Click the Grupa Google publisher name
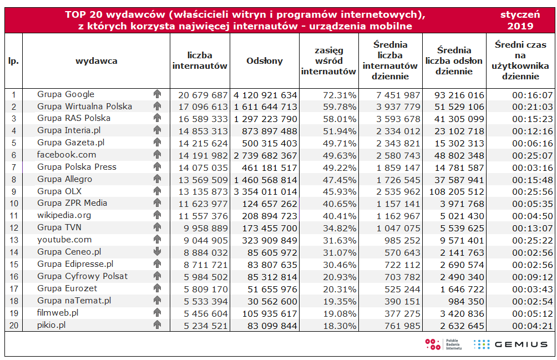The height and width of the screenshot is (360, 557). (x=65, y=94)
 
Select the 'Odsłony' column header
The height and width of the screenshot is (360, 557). (x=265, y=62)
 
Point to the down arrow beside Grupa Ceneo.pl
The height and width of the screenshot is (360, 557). (x=157, y=252)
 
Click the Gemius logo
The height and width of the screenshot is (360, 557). (x=510, y=344)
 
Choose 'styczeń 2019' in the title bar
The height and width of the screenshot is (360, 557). (x=520, y=21)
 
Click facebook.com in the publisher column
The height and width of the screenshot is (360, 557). (x=67, y=155)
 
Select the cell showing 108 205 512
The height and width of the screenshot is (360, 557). (x=456, y=191)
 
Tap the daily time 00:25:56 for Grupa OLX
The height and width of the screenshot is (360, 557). (x=532, y=191)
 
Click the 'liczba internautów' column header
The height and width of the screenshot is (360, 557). (x=200, y=61)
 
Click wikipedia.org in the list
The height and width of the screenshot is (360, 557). (x=64, y=215)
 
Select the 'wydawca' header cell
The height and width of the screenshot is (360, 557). (x=97, y=62)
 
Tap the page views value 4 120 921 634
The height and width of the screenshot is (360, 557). (x=265, y=95)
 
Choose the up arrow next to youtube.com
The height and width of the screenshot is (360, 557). (x=157, y=240)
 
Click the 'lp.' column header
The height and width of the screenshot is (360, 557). (x=14, y=62)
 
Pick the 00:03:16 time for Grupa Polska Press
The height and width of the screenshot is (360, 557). (x=532, y=168)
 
